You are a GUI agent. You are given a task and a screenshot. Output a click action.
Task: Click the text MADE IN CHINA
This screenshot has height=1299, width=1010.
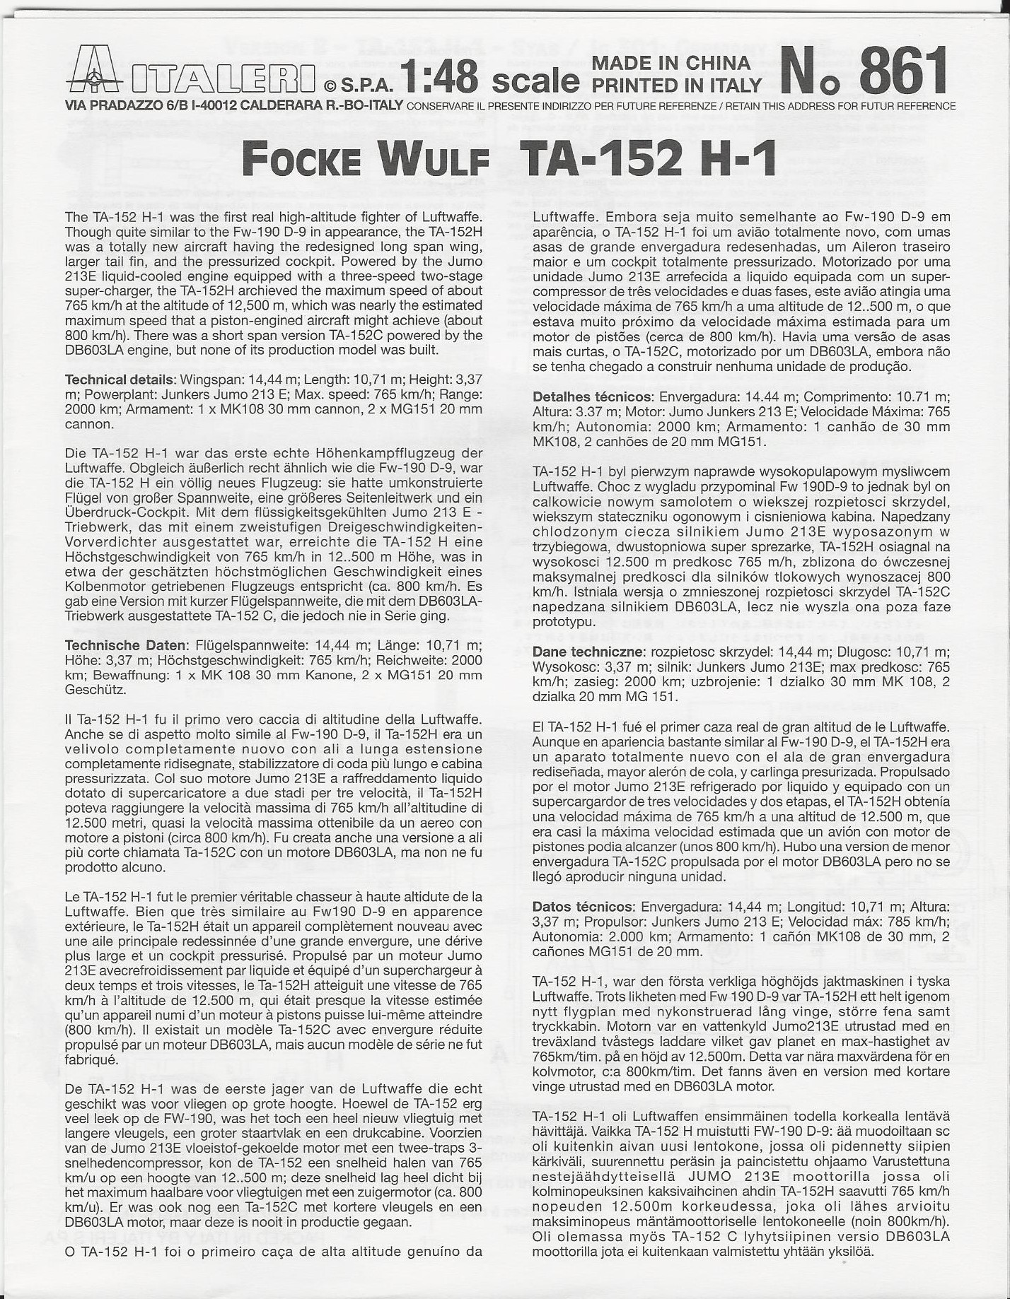(671, 63)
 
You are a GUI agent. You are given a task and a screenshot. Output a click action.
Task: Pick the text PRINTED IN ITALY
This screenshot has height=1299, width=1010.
(676, 86)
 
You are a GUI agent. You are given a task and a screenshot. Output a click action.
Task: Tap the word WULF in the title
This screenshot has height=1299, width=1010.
(434, 160)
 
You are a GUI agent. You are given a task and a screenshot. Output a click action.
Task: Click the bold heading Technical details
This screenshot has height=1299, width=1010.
(118, 380)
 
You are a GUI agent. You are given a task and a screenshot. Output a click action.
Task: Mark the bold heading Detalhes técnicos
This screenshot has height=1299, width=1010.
(591, 397)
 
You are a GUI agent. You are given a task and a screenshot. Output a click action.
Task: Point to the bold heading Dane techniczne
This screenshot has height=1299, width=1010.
(588, 652)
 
